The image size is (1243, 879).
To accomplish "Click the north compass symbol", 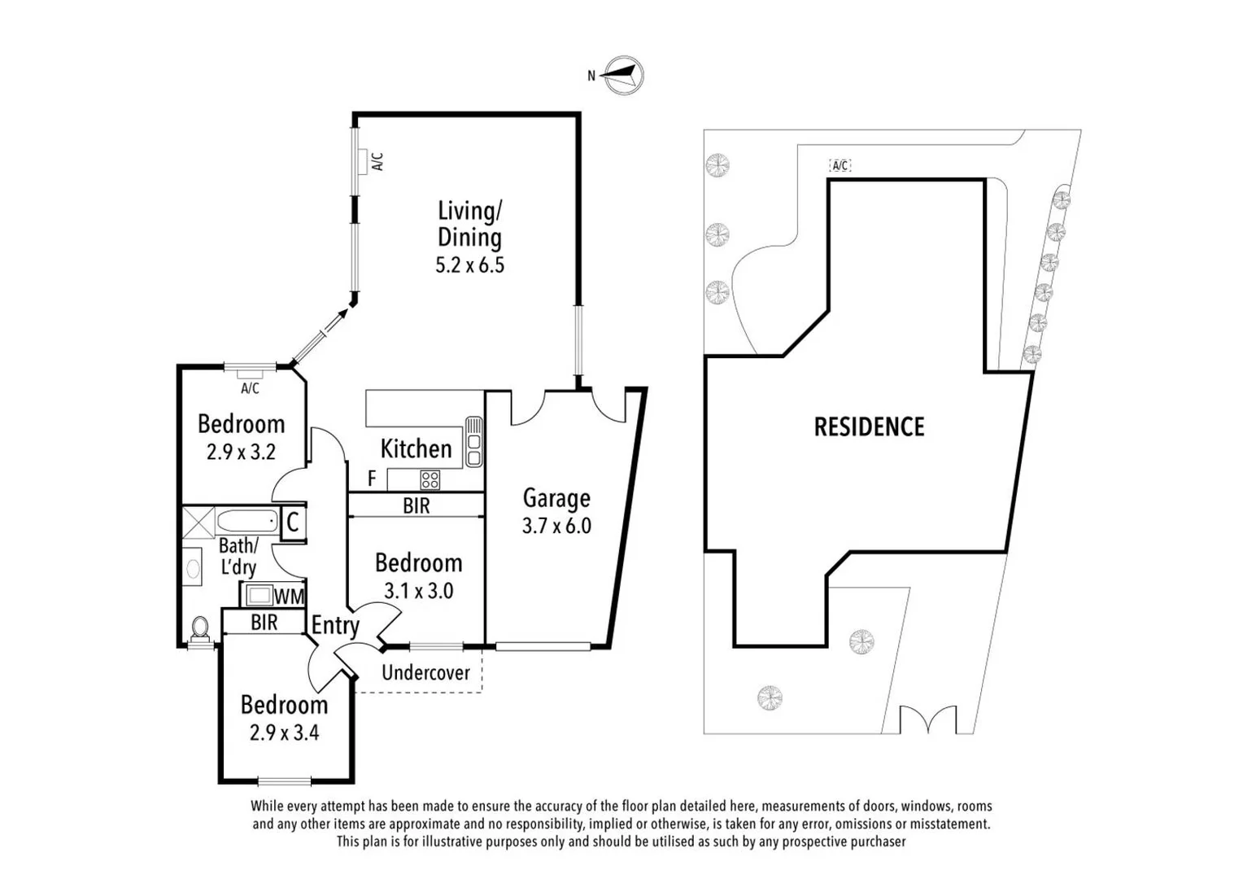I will click(x=624, y=75).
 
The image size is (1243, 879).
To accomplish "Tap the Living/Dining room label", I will click(x=469, y=224).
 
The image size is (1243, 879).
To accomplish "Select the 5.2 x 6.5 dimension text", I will click(x=469, y=265).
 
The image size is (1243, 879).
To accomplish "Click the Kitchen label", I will click(x=416, y=448).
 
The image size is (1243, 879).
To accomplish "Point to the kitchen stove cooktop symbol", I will click(x=430, y=479).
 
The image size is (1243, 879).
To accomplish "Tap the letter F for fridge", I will click(x=372, y=479).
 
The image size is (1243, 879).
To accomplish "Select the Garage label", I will click(x=556, y=498).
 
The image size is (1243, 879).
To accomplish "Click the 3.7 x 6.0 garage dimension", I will click(x=556, y=526).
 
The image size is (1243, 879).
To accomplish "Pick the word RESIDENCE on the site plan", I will click(x=869, y=427).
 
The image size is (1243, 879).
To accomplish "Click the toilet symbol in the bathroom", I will click(x=199, y=629).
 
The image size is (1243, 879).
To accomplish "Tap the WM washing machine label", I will click(x=288, y=597).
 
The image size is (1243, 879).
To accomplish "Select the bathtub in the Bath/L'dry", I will click(x=247, y=521).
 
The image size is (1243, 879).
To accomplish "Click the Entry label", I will click(x=335, y=625).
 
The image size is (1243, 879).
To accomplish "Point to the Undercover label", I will click(x=425, y=673).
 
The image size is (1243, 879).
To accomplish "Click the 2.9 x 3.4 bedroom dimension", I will click(x=284, y=732).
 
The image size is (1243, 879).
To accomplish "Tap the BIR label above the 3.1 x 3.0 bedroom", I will click(x=416, y=505).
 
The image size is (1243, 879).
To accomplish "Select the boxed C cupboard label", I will click(x=293, y=522).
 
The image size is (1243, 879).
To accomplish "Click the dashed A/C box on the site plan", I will click(x=840, y=165).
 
